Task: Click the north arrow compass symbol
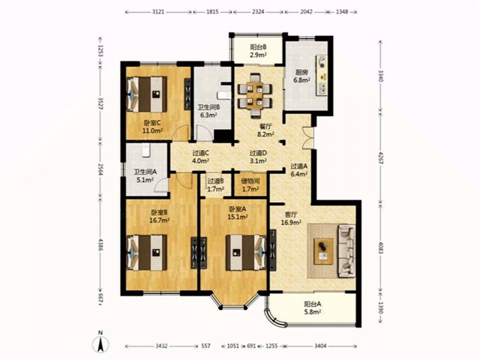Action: [100, 342]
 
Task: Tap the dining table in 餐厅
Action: [254, 95]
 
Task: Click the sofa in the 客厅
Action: [347, 251]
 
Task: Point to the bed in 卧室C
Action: [146, 94]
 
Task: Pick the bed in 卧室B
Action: [146, 253]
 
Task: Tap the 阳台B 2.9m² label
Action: [258, 51]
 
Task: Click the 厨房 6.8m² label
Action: [302, 77]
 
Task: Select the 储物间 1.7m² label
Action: [250, 185]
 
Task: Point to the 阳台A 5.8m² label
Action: [313, 308]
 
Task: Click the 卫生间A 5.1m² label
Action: [145, 176]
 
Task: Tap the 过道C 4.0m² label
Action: [200, 156]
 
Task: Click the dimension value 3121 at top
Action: [158, 12]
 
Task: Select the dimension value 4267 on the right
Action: [380, 158]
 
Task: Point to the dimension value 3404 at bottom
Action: [320, 346]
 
